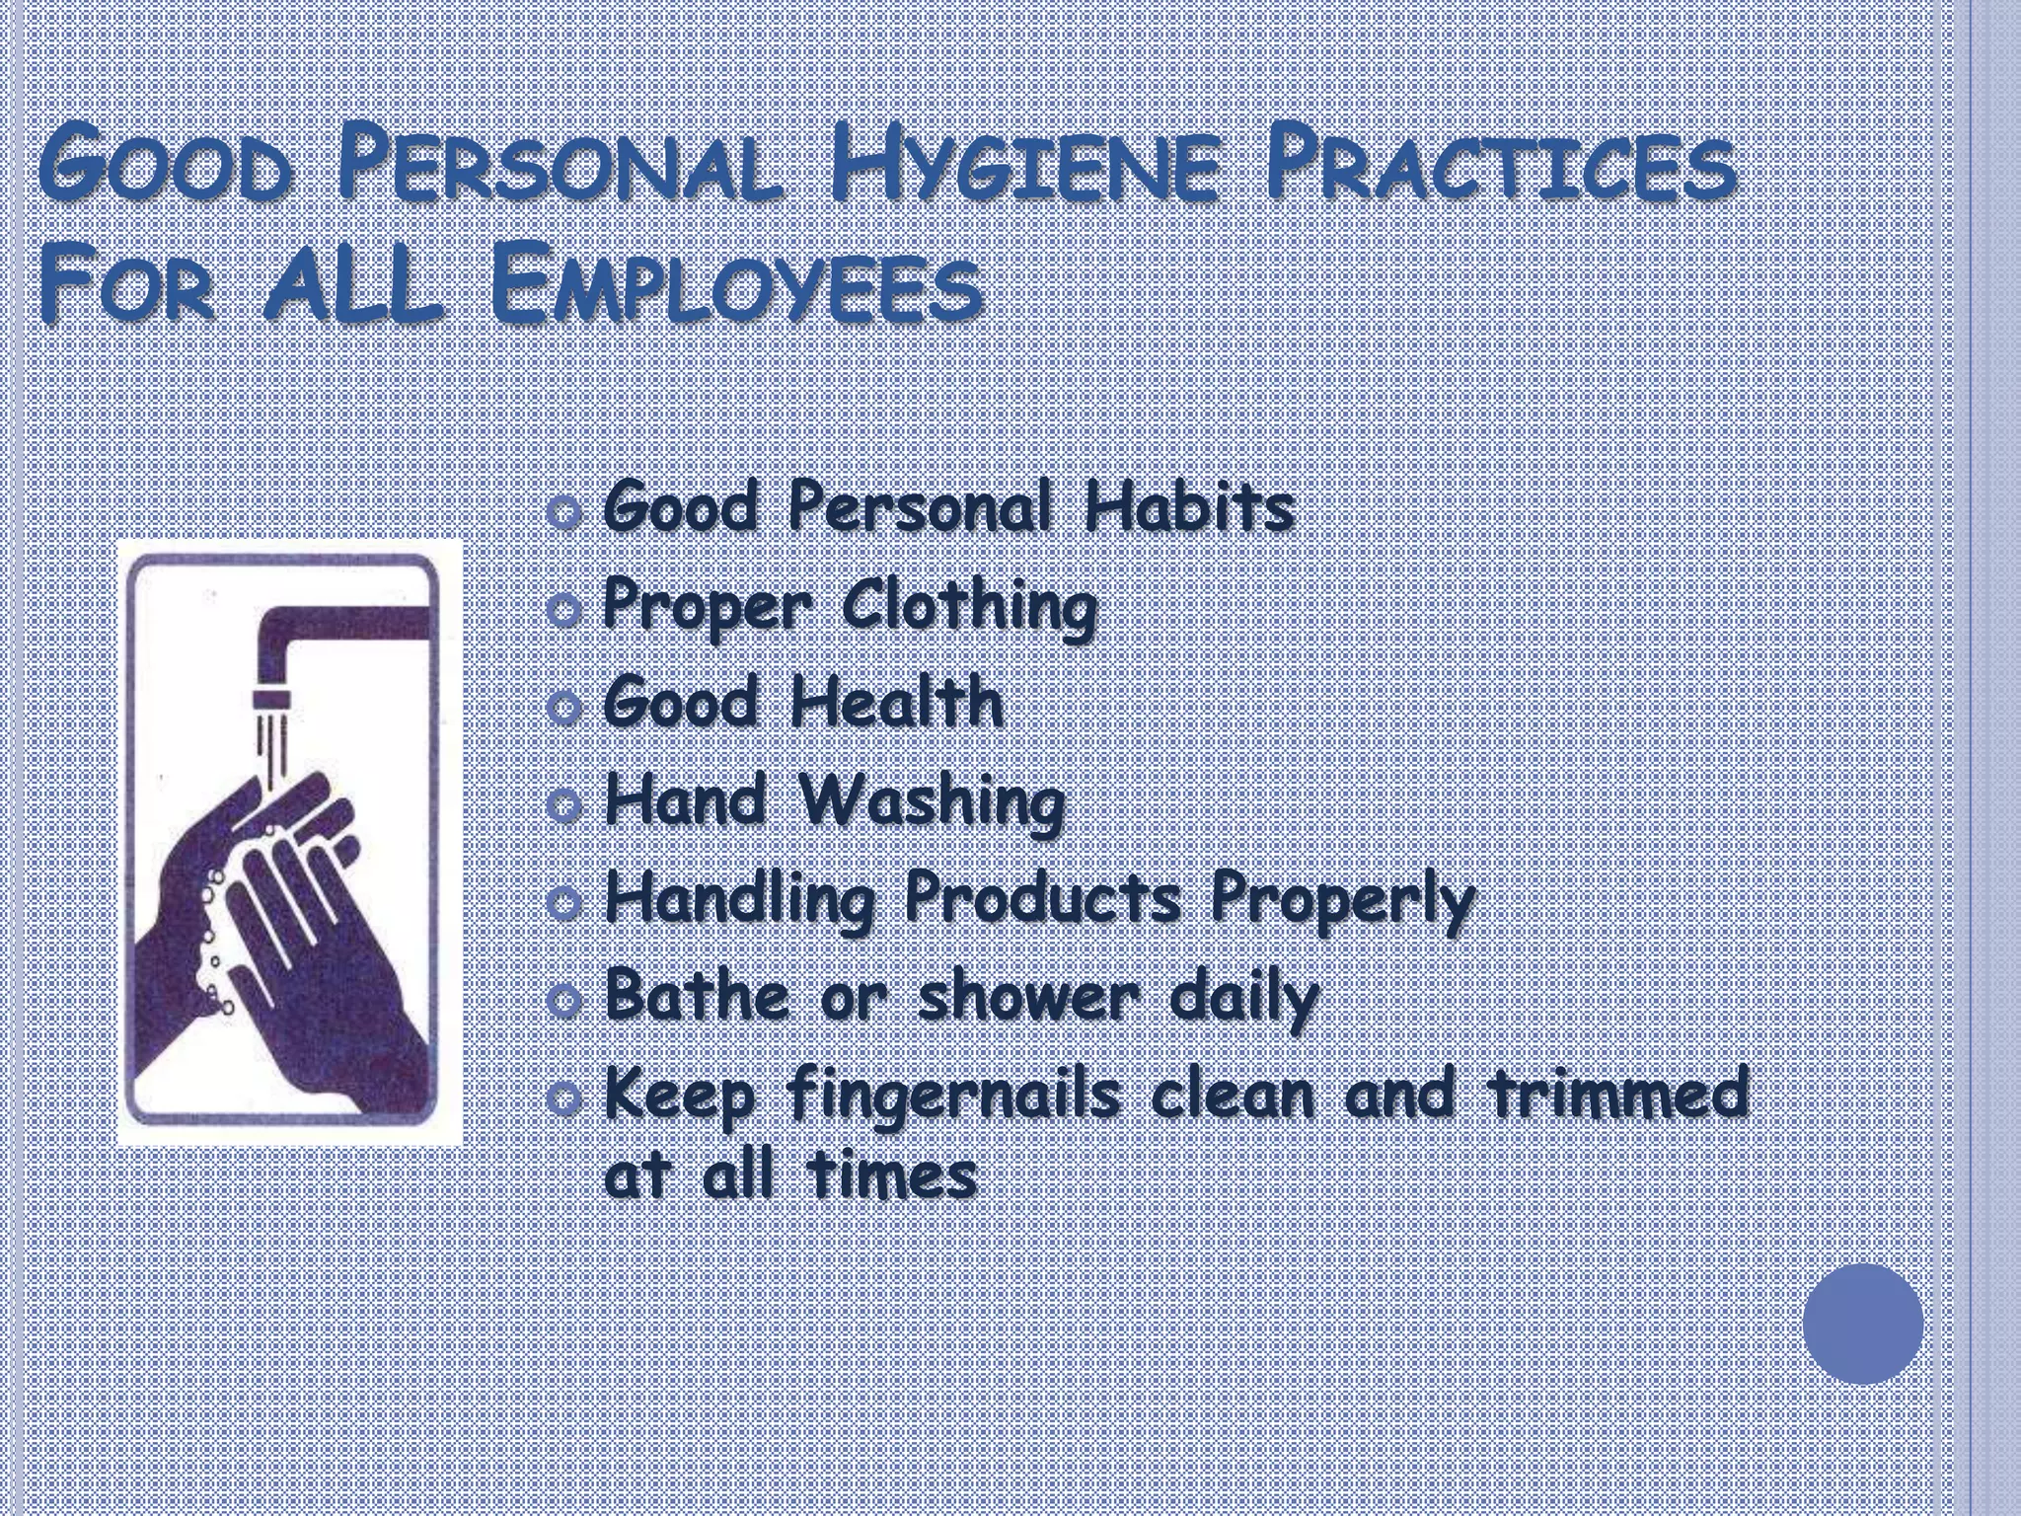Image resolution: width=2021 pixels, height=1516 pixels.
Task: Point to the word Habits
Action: click(x=1188, y=508)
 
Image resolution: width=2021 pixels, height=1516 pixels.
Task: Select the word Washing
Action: click(x=933, y=801)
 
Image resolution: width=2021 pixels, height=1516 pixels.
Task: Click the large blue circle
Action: click(x=1863, y=1324)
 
